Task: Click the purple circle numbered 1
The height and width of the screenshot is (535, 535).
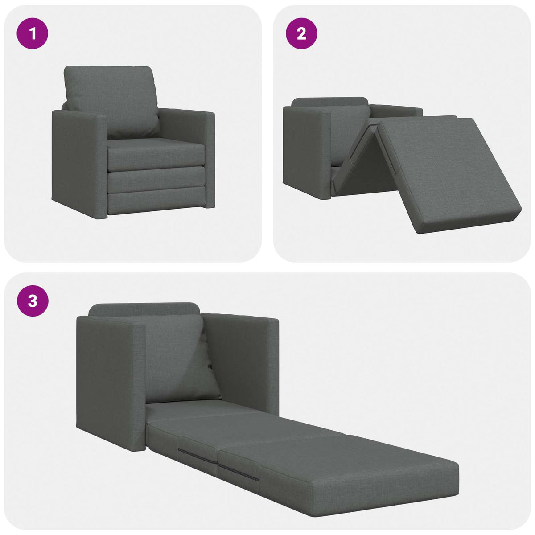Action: pyautogui.click(x=32, y=33)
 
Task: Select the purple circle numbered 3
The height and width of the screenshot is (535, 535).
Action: pyautogui.click(x=32, y=301)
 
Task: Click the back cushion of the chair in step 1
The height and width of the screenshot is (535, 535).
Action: pyautogui.click(x=111, y=100)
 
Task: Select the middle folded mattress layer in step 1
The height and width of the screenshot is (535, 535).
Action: pyautogui.click(x=156, y=181)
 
